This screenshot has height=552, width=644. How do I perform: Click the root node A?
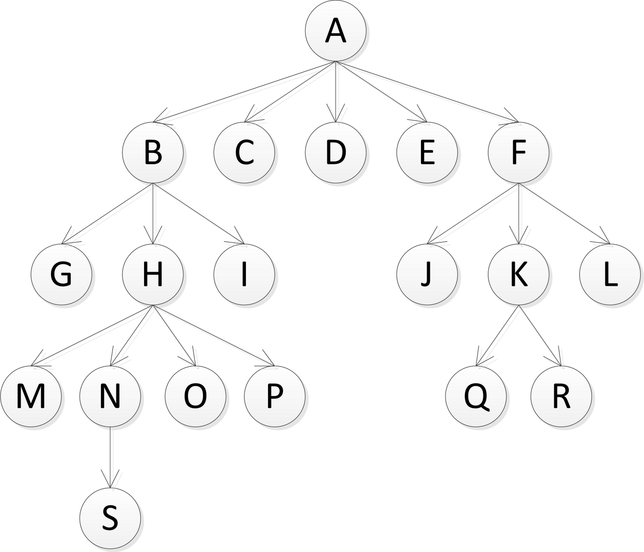(336, 32)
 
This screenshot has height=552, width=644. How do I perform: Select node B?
(153, 153)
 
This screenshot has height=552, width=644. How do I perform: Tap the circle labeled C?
(244, 153)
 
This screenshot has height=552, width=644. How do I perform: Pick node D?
(336, 153)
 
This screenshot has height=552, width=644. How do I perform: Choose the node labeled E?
(427, 153)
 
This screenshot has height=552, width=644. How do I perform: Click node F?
(518, 153)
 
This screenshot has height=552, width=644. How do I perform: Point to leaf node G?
(62, 275)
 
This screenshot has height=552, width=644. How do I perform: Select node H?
(153, 275)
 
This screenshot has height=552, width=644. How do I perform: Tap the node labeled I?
(244, 275)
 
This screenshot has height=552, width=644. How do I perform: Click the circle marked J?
(427, 275)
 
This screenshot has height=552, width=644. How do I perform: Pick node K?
(518, 275)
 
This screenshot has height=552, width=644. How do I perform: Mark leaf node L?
(610, 275)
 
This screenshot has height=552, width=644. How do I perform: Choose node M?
(31, 396)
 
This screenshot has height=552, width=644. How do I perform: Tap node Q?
(476, 396)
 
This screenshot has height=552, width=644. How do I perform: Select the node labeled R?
(561, 396)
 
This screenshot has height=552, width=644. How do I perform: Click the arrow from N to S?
(110, 457)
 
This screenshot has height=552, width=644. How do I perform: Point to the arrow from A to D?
(336, 92)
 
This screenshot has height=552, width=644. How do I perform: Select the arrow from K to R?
(540, 335)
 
